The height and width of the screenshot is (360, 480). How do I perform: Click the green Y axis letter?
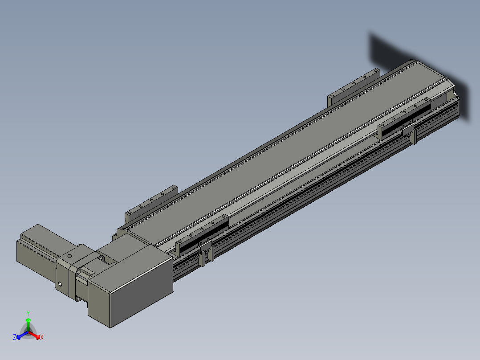tap(28, 313)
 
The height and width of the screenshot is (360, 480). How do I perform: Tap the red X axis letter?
tap(42, 337)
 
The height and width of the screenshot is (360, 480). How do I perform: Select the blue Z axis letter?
tap(15, 337)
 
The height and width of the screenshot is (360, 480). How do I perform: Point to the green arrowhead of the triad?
tap(28, 320)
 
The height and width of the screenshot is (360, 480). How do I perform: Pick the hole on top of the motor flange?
tap(69, 256)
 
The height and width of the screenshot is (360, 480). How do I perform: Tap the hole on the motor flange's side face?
tap(60, 284)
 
